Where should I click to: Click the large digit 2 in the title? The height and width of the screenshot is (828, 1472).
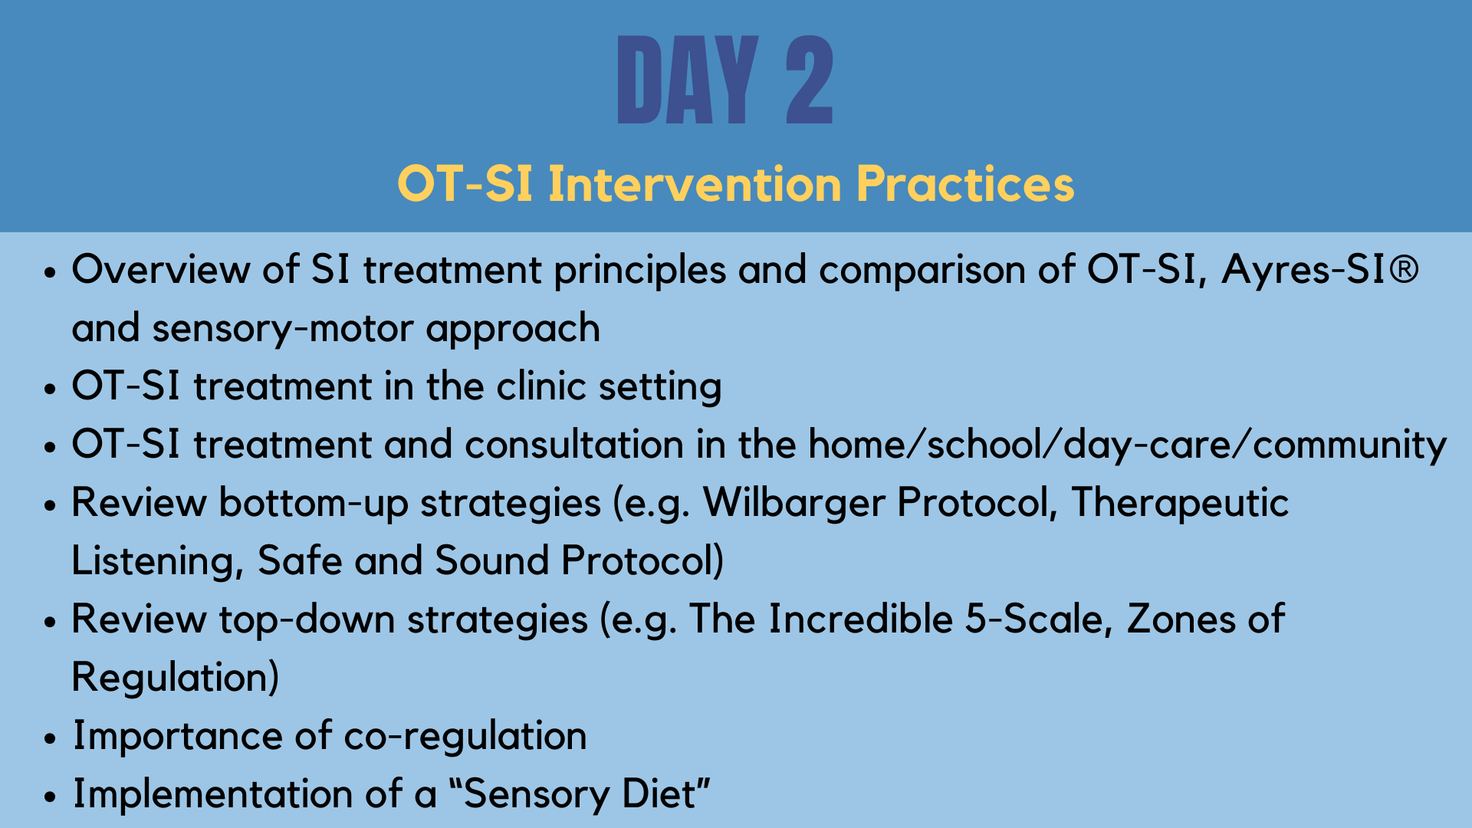[810, 80]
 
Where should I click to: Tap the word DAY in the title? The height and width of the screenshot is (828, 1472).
[688, 80]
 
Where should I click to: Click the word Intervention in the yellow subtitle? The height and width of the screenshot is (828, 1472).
[695, 184]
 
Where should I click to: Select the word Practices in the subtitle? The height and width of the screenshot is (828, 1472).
[965, 184]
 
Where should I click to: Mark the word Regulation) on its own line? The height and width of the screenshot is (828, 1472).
[176, 678]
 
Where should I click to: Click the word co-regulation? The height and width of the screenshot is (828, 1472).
[465, 737]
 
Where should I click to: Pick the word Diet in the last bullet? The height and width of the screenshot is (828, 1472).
[667, 793]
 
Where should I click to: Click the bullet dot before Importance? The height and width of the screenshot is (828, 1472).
[51, 739]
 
